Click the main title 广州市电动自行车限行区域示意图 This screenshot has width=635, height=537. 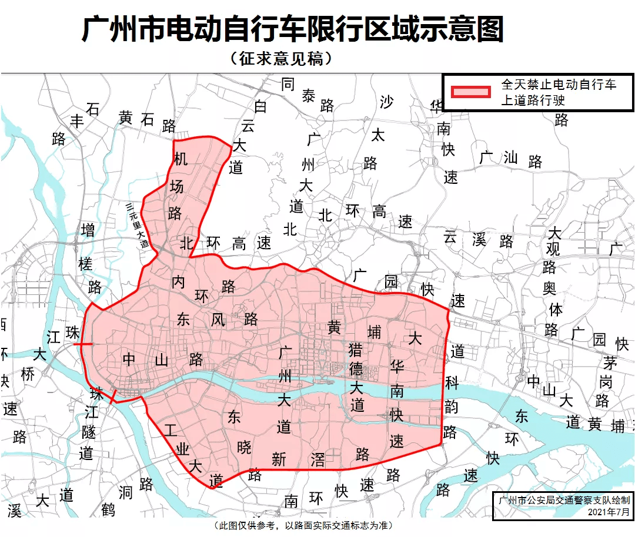point(292,29)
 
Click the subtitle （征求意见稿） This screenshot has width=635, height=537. point(278,59)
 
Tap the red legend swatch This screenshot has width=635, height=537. point(470,92)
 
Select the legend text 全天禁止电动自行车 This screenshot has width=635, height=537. point(558,85)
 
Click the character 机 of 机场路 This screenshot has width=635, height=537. point(180,159)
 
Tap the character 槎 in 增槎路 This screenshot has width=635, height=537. point(86,264)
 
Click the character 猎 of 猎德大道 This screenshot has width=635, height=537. point(355,350)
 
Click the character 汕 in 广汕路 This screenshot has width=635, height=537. point(510,157)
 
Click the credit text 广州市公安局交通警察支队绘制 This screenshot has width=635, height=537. point(563,501)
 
